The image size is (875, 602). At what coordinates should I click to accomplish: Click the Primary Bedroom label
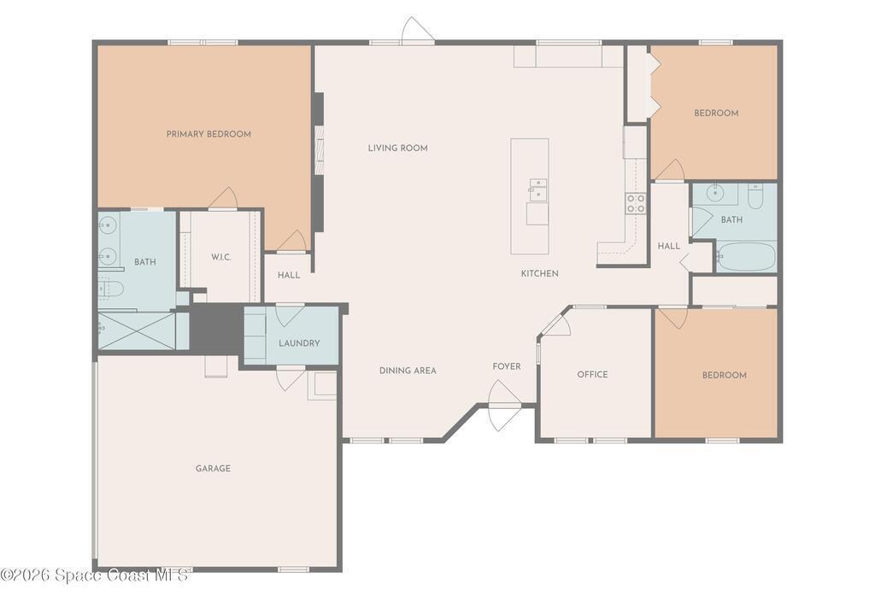tap(208, 134)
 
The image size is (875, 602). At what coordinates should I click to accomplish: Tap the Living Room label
tap(398, 148)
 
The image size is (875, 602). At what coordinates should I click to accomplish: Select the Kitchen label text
tap(540, 273)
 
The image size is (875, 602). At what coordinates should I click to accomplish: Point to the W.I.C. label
tap(221, 257)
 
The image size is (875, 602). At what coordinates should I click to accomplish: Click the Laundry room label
tap(299, 343)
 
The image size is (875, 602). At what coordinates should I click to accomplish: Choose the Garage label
tap(213, 468)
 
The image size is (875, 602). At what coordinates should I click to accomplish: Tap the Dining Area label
tap(408, 371)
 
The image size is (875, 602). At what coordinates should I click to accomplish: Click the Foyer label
tap(507, 366)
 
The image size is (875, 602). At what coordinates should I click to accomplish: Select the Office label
tap(593, 375)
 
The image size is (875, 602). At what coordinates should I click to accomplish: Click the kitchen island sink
tap(538, 189)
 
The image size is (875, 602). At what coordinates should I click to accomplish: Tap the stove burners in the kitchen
tap(636, 203)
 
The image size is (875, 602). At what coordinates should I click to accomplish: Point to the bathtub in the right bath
tap(746, 256)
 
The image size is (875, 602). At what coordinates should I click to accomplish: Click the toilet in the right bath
tap(755, 196)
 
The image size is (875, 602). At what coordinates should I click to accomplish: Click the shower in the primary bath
tap(137, 330)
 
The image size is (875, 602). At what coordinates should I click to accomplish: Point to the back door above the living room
tap(417, 30)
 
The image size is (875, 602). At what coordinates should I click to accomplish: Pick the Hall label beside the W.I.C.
tap(289, 275)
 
